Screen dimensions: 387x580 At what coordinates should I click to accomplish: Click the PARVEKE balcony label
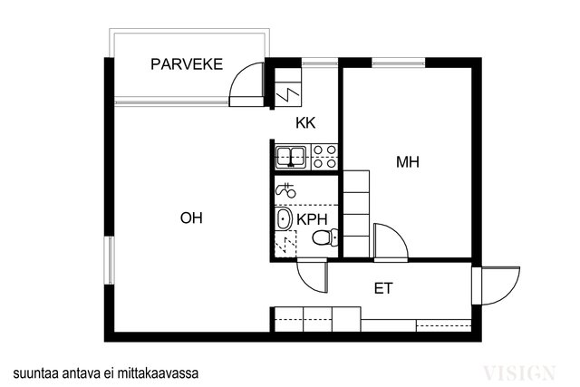188,64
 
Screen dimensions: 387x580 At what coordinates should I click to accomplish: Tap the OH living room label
190,218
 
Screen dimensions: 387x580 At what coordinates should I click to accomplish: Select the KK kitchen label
305,125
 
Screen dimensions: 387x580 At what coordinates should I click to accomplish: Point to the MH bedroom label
407,163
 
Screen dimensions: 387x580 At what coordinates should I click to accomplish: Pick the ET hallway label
384,289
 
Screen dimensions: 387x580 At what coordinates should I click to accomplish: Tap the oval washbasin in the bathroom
284,218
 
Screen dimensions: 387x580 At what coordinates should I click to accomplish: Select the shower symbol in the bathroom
285,190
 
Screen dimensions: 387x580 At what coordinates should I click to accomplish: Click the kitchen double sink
292,156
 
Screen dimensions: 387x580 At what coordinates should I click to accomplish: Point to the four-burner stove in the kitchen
324,156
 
